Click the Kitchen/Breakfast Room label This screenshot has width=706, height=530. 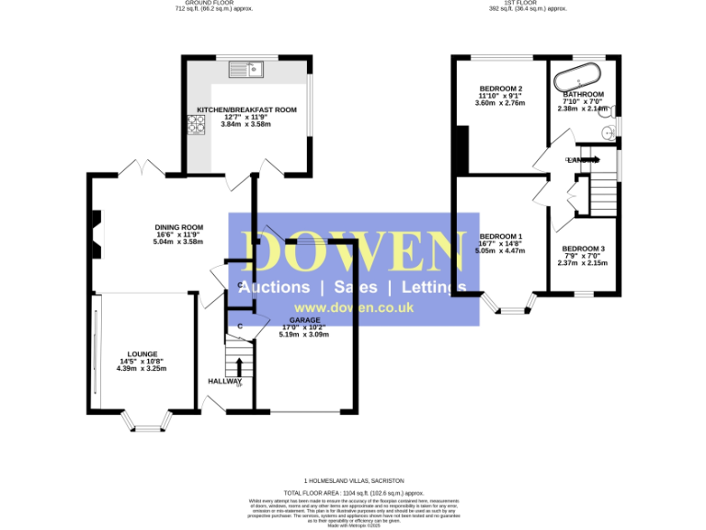pyautogui.click(x=246, y=109)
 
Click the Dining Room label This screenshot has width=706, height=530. pyautogui.click(x=178, y=227)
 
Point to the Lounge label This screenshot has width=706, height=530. pyautogui.click(x=142, y=354)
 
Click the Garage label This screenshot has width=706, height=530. pyautogui.click(x=304, y=320)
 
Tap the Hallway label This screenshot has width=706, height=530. pyautogui.click(x=223, y=381)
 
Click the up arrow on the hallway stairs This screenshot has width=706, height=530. pyautogui.click(x=240, y=365)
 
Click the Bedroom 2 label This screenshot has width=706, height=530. pyautogui.click(x=501, y=88)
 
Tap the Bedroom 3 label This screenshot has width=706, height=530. pyautogui.click(x=583, y=249)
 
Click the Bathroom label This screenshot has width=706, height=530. pyautogui.click(x=583, y=95)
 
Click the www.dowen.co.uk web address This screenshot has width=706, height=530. pyautogui.click(x=353, y=308)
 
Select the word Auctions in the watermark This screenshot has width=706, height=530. pyautogui.click(x=274, y=287)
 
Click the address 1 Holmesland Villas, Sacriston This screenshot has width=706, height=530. pyautogui.click(x=353, y=480)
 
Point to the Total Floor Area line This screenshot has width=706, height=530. pyautogui.click(x=353, y=493)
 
